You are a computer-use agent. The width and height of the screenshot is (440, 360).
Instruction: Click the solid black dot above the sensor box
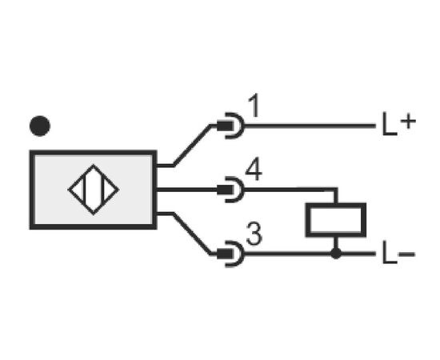pos(40,126)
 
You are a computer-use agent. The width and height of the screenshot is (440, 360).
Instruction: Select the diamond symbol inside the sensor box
pos(94,165)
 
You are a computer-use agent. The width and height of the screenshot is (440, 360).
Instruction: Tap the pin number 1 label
pos(254,106)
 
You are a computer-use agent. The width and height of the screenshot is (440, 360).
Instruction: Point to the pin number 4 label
pos(254,169)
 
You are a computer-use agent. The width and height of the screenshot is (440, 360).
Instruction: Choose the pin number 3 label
pos(254,234)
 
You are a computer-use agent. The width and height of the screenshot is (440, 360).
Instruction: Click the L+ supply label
pos(399,123)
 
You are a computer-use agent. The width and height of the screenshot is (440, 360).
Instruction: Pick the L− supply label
pos(398,253)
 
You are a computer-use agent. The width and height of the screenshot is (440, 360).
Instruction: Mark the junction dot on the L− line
pos(336,254)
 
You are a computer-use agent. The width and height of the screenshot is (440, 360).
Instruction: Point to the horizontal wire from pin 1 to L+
pos(310,126)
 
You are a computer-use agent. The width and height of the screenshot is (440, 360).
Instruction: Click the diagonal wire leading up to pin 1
pos(192,146)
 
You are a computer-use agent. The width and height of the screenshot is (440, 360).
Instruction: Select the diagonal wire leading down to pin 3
pos(192,234)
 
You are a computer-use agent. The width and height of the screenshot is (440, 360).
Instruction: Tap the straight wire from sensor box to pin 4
pos(186,190)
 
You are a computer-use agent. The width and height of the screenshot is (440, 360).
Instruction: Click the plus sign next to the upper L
pos(408,122)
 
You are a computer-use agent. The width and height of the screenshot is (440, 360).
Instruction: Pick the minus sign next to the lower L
pos(406,254)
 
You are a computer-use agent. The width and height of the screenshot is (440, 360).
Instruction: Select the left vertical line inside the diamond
pos(84,189)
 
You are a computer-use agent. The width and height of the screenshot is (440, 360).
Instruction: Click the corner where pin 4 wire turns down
pos(336,190)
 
